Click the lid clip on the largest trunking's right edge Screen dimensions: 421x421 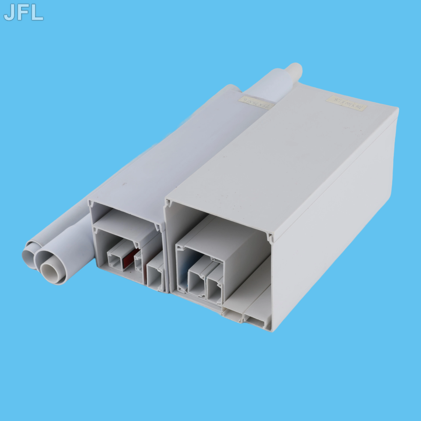tap(270, 237)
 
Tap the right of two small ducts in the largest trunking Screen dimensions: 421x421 tap(214, 289)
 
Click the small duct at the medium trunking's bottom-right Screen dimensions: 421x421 tap(154, 276)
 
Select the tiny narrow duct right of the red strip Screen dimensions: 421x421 tap(139, 262)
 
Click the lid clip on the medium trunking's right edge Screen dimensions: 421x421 tap(157, 227)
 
